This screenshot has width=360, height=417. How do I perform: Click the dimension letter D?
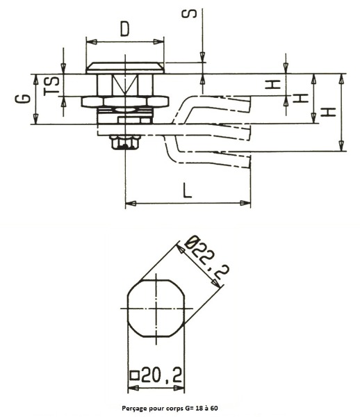pos(124,29)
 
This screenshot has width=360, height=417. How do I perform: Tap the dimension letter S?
pos(189,14)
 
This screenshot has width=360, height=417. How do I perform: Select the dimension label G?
pos(22,99)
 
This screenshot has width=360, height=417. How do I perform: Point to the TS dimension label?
pos(52,85)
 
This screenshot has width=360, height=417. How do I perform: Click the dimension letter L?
pos(188,190)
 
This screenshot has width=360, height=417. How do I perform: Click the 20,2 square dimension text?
pos(161,375)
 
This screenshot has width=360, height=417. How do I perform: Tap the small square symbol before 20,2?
pos(135,375)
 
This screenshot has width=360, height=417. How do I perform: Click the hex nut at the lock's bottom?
pos(125,142)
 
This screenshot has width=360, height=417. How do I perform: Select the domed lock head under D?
pos(125,68)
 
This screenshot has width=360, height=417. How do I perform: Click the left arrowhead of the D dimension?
pos(92,42)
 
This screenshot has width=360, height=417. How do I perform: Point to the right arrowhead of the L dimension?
pos(245,203)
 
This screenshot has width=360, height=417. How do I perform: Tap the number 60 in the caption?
pos(214,408)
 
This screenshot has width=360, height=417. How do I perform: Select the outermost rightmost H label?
pos(328,112)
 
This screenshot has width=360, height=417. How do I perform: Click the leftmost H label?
pos(272,84)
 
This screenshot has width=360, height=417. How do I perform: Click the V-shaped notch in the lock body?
pos(125,84)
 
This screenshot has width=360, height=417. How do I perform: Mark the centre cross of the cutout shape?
pos(156,309)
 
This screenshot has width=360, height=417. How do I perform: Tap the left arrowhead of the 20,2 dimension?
pos(133,389)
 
